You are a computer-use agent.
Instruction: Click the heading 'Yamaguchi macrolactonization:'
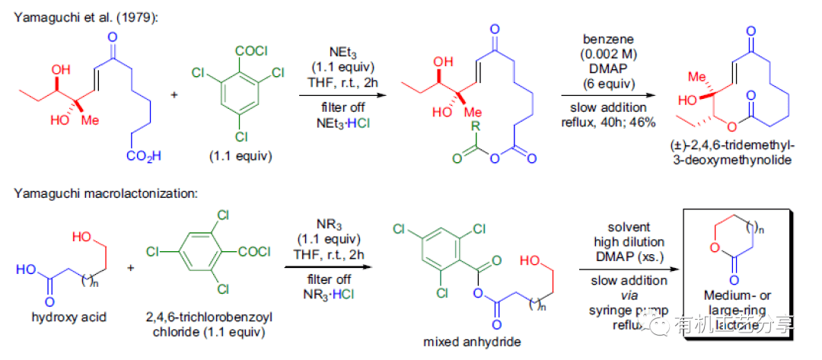[x=106, y=193]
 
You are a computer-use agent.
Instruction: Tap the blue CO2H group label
[x=141, y=156]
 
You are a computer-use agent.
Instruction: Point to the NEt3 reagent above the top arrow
[x=339, y=52]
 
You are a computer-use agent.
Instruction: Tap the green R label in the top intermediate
[x=476, y=126]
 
